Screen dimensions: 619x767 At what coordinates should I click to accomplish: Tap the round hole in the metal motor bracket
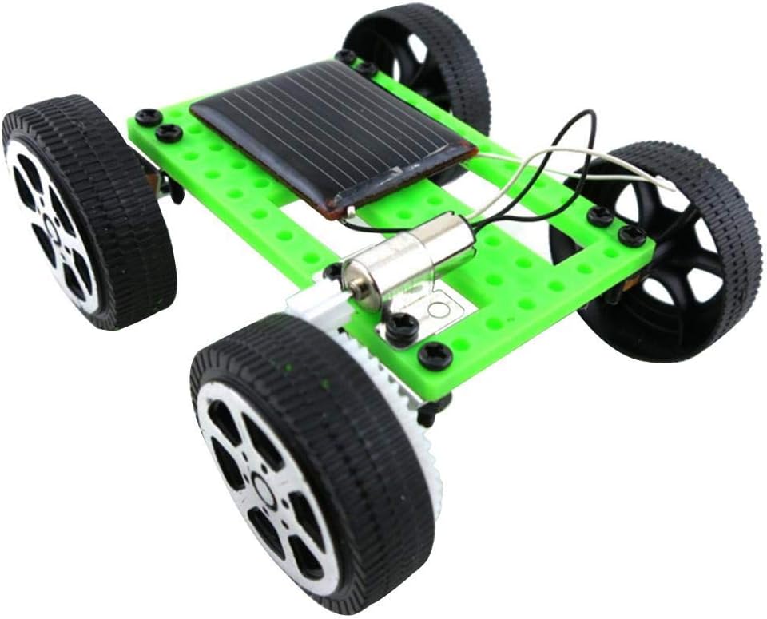click(437, 308)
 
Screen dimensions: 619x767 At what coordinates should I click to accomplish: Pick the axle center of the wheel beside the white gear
click(264, 484)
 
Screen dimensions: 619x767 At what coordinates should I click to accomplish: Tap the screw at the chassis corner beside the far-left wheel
click(149, 117)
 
